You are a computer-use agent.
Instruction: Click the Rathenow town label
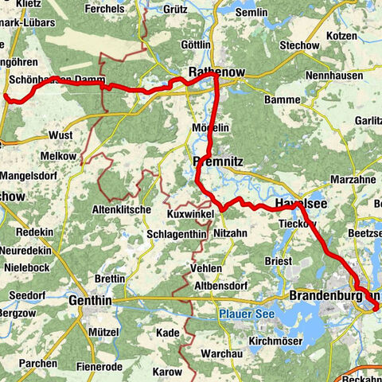pyautogui.click(x=215, y=72)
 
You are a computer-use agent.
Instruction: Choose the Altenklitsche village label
pyautogui.click(x=122, y=209)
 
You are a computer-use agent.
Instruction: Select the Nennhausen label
pyautogui.click(x=337, y=76)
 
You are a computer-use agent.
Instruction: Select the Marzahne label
pyautogui.click(x=352, y=179)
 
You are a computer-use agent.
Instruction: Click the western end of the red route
pyautogui.click(x=6, y=97)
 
